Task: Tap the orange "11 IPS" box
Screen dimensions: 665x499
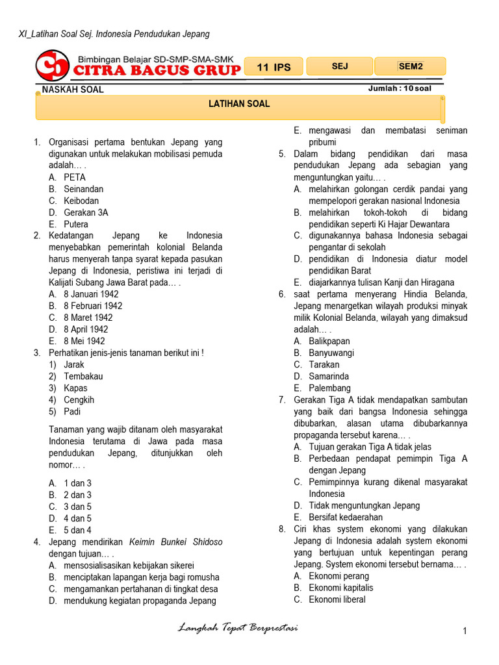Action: (x=274, y=67)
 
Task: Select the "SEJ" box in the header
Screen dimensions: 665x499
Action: (x=340, y=66)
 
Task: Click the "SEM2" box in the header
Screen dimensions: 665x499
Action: (x=410, y=66)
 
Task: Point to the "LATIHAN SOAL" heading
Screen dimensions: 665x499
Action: (x=238, y=104)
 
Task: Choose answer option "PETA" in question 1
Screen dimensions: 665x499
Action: (x=75, y=177)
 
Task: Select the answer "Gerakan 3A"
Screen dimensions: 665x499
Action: (x=86, y=212)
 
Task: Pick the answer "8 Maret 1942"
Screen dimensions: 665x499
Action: (x=88, y=318)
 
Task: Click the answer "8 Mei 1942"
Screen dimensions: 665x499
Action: (x=84, y=341)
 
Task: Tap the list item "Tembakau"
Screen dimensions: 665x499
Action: (x=83, y=376)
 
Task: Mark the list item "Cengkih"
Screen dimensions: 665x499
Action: (x=79, y=399)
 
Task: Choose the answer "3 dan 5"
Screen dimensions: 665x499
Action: (x=77, y=507)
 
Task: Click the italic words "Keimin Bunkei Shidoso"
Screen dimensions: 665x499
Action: (x=175, y=542)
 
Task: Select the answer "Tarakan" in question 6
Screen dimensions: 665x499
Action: (x=324, y=364)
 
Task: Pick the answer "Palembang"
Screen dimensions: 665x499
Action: (x=329, y=388)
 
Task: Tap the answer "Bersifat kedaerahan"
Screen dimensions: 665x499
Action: (x=346, y=517)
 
